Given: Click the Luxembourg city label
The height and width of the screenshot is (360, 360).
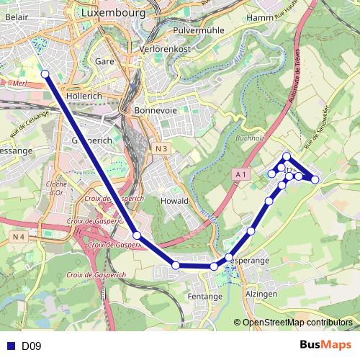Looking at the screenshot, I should tap(113, 13).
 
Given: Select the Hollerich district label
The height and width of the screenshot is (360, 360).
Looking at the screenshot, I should tap(84, 95).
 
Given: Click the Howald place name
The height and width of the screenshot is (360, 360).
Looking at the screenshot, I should tap(174, 201).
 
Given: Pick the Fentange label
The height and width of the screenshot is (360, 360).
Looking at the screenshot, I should tap(204, 296).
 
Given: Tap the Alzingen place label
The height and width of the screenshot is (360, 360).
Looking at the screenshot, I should tap(261, 294).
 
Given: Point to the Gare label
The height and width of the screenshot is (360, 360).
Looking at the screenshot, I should tap(105, 61).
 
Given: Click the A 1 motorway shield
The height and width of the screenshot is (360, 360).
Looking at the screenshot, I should tap(240, 174).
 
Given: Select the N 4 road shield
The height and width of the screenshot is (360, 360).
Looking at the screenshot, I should tap(18, 236).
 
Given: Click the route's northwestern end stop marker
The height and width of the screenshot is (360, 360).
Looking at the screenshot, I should tap(45, 73).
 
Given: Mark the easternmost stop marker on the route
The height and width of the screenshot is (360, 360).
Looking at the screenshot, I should tap(315, 179).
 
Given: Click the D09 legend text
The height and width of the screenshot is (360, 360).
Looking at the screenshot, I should tap(31, 346).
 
